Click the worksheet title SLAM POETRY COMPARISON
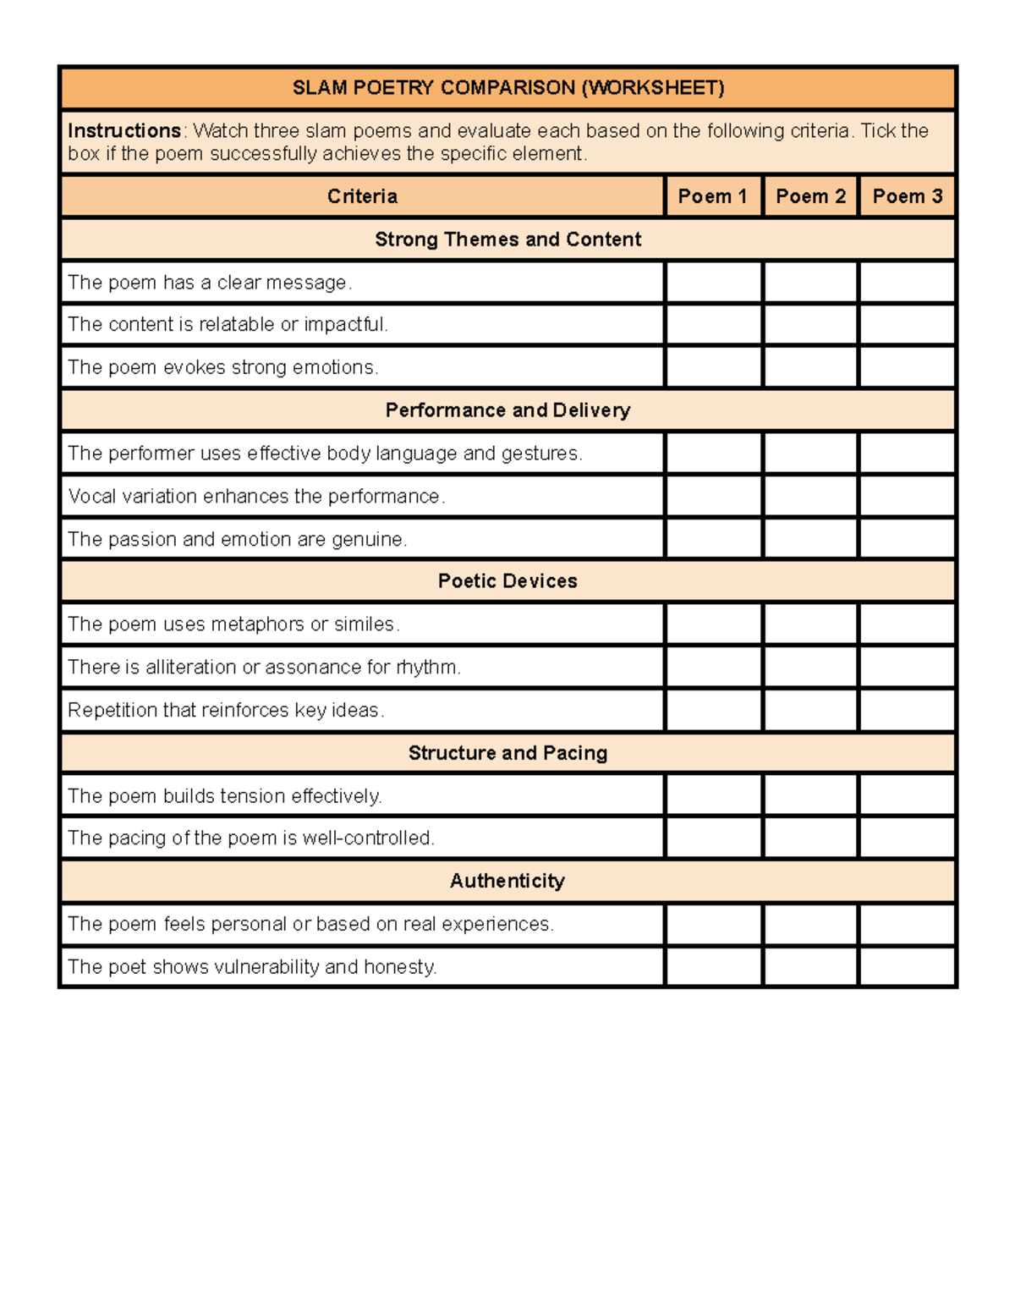507,88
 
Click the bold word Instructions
123,131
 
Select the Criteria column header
362,196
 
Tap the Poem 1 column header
713,196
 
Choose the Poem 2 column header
810,196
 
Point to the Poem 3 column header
907,196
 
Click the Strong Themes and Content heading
507,239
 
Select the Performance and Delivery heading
507,410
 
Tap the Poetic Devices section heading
507,581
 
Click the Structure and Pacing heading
507,753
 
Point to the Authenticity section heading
507,881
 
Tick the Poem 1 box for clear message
713,283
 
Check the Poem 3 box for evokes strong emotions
907,367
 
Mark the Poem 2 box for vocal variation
810,496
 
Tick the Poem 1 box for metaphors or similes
713,624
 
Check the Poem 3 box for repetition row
907,710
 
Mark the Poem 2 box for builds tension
810,795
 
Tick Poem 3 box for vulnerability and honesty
907,966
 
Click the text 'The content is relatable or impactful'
228,325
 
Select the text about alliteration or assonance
264,668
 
